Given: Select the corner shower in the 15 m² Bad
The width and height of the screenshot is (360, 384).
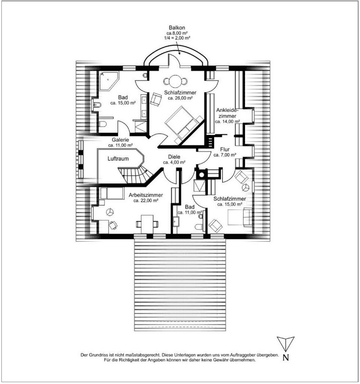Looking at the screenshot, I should pyautogui.click(x=109, y=80).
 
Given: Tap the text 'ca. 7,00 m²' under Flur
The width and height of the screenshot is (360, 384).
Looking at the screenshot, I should pyautogui.click(x=225, y=155).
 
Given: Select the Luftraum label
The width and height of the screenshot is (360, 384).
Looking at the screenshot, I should pyautogui.click(x=118, y=160).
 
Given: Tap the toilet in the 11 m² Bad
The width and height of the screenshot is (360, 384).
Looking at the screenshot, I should pyautogui.click(x=198, y=226).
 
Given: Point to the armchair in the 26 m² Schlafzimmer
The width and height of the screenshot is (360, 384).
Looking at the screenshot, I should pyautogui.click(x=156, y=98).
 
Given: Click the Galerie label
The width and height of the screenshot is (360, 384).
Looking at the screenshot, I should pyautogui.click(x=120, y=140).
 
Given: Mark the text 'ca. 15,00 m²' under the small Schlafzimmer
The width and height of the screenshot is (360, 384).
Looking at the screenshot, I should pyautogui.click(x=230, y=204).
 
